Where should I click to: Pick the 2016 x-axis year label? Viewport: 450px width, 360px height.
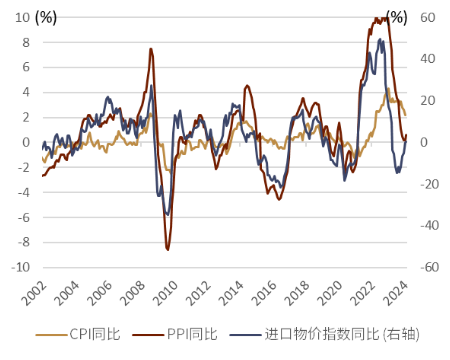pyautogui.click(x=263, y=294)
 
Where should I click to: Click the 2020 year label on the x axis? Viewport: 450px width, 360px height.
pyautogui.click(x=329, y=294)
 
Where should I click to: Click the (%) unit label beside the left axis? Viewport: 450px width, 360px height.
pyautogui.click(x=46, y=18)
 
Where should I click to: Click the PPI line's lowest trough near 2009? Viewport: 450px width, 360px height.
pyautogui.click(x=167, y=249)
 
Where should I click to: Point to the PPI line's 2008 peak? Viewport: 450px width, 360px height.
pyautogui.click(x=151, y=49)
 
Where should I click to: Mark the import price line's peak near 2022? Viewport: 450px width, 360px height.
pyautogui.click(x=380, y=39)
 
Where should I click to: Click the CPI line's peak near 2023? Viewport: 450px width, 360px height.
pyautogui.click(x=388, y=89)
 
